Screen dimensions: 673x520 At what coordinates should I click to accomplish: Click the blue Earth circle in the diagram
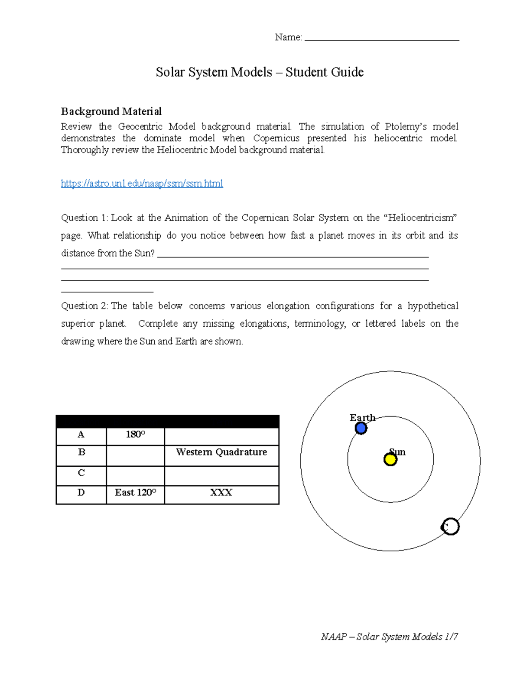(361, 429)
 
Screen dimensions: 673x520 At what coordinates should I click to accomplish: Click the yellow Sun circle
(390, 459)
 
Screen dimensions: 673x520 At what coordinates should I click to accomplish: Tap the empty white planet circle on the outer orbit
(450, 527)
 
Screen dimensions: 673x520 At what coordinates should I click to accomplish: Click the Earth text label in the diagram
(362, 418)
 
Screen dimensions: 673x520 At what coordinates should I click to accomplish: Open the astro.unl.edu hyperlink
(142, 184)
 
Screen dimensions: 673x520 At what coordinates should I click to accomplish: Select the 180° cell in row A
(135, 435)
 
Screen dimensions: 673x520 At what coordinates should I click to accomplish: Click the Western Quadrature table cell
(221, 452)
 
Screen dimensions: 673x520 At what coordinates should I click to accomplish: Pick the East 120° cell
(135, 493)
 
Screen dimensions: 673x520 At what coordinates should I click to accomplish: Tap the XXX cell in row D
(221, 493)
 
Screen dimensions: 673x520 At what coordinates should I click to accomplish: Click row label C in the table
(81, 473)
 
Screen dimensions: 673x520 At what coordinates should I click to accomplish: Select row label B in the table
(81, 452)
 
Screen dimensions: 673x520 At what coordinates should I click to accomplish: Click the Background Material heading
(111, 112)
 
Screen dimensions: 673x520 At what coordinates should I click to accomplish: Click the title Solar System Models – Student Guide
(260, 72)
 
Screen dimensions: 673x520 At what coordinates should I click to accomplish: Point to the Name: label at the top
(288, 38)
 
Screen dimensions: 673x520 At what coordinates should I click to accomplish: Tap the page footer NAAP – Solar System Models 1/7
(389, 637)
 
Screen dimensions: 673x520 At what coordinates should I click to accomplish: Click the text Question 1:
(85, 218)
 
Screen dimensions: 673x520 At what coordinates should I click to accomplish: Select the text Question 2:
(85, 306)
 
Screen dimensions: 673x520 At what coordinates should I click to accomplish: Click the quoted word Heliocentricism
(420, 218)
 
